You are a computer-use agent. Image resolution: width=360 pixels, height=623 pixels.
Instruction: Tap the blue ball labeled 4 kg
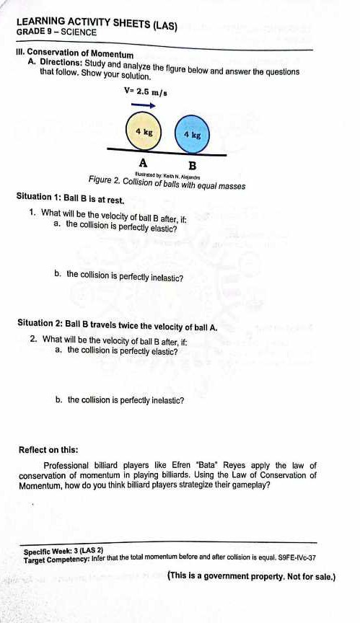coord(192,133)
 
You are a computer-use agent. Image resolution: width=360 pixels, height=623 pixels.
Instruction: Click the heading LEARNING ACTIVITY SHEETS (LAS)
coord(97,23)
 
